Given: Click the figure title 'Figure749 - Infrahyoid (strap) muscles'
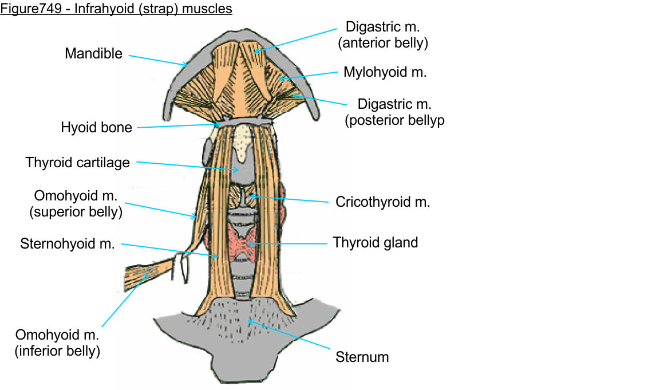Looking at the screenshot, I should [116, 9].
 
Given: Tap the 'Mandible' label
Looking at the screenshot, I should [93, 53].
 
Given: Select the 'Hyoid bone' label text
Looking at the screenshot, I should [96, 127].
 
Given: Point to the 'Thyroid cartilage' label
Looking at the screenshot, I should [77, 163].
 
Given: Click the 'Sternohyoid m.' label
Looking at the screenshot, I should [68, 244].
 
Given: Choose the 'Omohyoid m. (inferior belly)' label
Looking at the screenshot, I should [57, 342].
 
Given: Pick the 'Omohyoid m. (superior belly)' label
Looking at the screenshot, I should [76, 204].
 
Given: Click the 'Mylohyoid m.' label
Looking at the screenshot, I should [385, 72].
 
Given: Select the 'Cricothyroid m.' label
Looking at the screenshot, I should [382, 202].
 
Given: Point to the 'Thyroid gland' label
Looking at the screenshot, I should [376, 242].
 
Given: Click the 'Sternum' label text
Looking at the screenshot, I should [362, 357].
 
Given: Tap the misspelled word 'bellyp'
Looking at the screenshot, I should [425, 121].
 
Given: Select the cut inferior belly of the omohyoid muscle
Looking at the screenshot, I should [146, 274].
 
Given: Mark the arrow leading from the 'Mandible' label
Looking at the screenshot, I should [157, 60].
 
